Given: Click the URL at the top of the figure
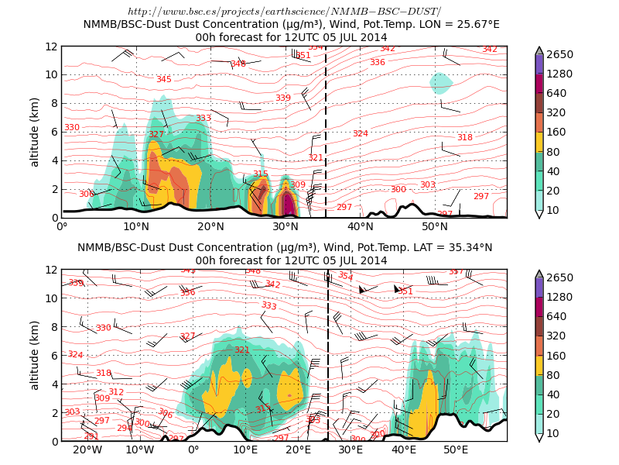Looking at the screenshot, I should pos(284,11).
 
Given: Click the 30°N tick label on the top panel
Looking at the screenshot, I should pos(286,227).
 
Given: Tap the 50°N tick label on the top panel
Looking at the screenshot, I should pos(435,227).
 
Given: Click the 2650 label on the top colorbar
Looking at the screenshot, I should pos(560,54).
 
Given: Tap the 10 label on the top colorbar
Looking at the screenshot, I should pos(554,210).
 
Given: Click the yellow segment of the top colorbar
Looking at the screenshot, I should pos(539,142).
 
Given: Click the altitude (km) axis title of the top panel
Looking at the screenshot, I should pos(35,132).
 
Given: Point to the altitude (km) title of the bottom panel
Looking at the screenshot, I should pos(35,355).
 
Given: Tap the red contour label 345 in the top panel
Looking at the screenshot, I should pos(164,79).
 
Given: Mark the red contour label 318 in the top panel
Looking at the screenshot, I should pos(464,137).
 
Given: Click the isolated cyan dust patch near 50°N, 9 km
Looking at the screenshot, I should pos(441,82).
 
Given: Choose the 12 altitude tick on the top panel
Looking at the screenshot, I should pos(51,46).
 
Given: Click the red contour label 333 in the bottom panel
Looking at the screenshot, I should pos(268,306).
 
